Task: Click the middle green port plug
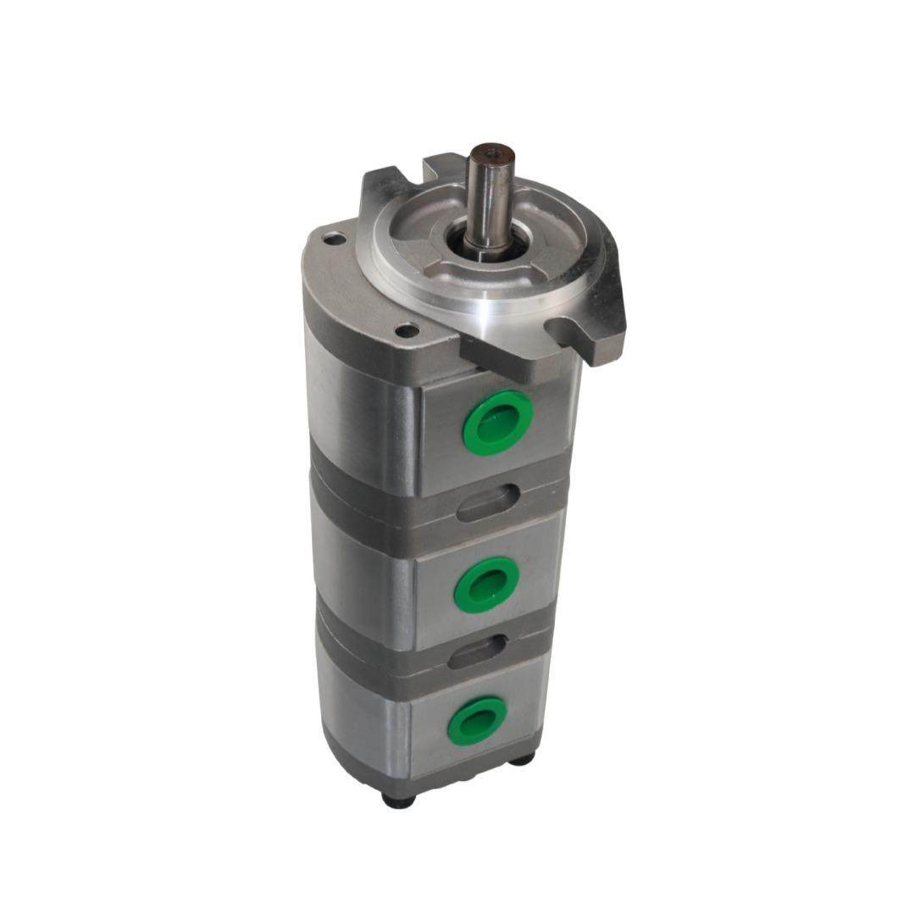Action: (486, 584)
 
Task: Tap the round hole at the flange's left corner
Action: (335, 240)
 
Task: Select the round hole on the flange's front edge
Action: (407, 330)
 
